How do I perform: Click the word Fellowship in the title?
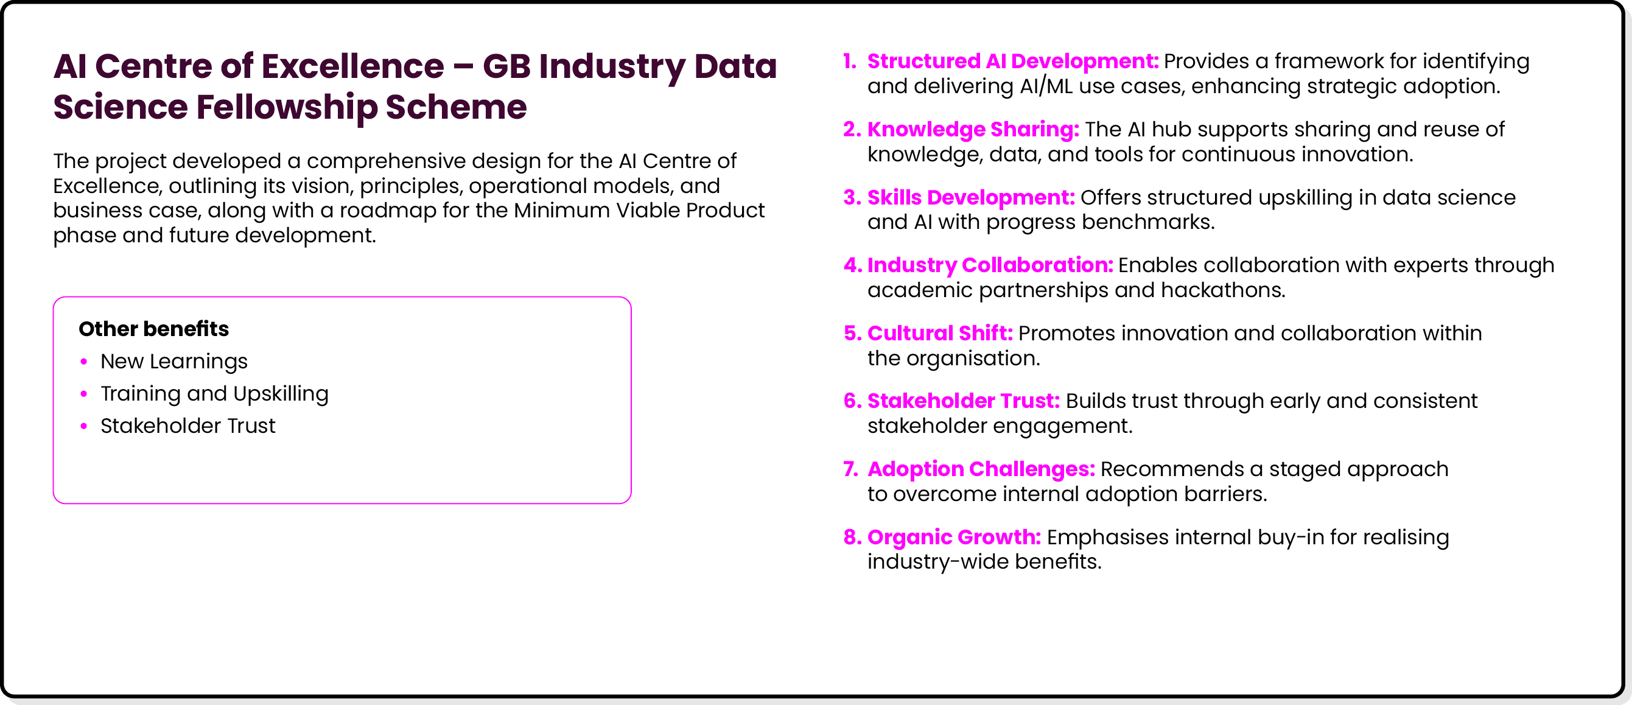click(287, 107)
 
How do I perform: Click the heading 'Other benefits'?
click(153, 329)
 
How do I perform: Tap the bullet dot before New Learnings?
click(83, 362)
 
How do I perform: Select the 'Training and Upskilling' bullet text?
click(214, 393)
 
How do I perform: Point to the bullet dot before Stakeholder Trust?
click(83, 426)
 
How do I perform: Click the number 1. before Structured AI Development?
click(850, 61)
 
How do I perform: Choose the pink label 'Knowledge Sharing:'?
click(973, 129)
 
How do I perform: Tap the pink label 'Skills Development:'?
click(970, 198)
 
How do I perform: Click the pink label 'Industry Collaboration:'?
click(990, 265)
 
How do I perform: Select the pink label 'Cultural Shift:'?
click(939, 333)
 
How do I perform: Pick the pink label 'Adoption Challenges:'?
click(981, 469)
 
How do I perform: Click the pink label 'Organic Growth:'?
click(953, 537)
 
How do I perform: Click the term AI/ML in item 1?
click(1046, 86)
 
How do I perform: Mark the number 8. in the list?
click(852, 537)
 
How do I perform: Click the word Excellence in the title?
click(352, 66)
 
